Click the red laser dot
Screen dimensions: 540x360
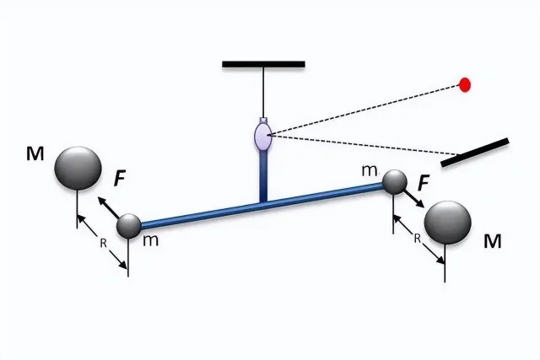click(465, 84)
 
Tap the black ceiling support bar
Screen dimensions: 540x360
click(263, 64)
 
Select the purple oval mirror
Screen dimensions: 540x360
click(263, 135)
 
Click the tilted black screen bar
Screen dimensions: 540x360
click(475, 153)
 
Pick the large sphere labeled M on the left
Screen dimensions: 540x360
click(78, 169)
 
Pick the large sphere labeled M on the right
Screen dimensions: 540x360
click(448, 223)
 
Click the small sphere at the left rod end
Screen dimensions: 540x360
click(129, 226)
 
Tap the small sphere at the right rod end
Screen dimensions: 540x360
click(395, 182)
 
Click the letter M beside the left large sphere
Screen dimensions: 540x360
click(35, 153)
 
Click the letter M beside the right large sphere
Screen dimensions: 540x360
click(493, 241)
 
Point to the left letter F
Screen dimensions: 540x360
click(119, 179)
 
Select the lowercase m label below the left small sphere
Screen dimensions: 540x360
click(151, 240)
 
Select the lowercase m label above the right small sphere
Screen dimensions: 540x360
click(370, 171)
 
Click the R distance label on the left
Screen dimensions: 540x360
click(103, 244)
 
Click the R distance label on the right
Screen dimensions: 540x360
click(417, 239)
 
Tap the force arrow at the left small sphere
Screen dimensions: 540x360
click(109, 208)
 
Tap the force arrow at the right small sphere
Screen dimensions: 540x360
click(413, 199)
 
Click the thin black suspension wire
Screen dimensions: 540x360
click(264, 93)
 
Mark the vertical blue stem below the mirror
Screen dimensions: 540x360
click(263, 176)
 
